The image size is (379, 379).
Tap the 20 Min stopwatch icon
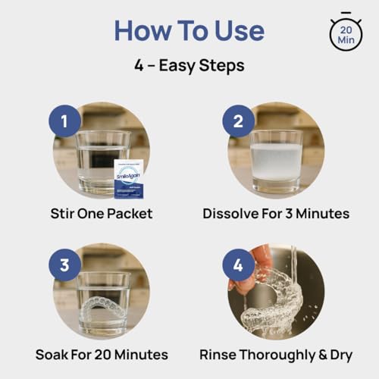[x=346, y=32]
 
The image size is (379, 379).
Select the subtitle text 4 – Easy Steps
[x=189, y=66]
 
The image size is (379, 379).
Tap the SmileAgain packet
[x=129, y=179]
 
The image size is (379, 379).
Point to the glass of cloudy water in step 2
[x=275, y=159]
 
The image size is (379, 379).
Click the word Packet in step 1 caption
[x=127, y=214]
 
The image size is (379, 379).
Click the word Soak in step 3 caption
[x=53, y=354]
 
